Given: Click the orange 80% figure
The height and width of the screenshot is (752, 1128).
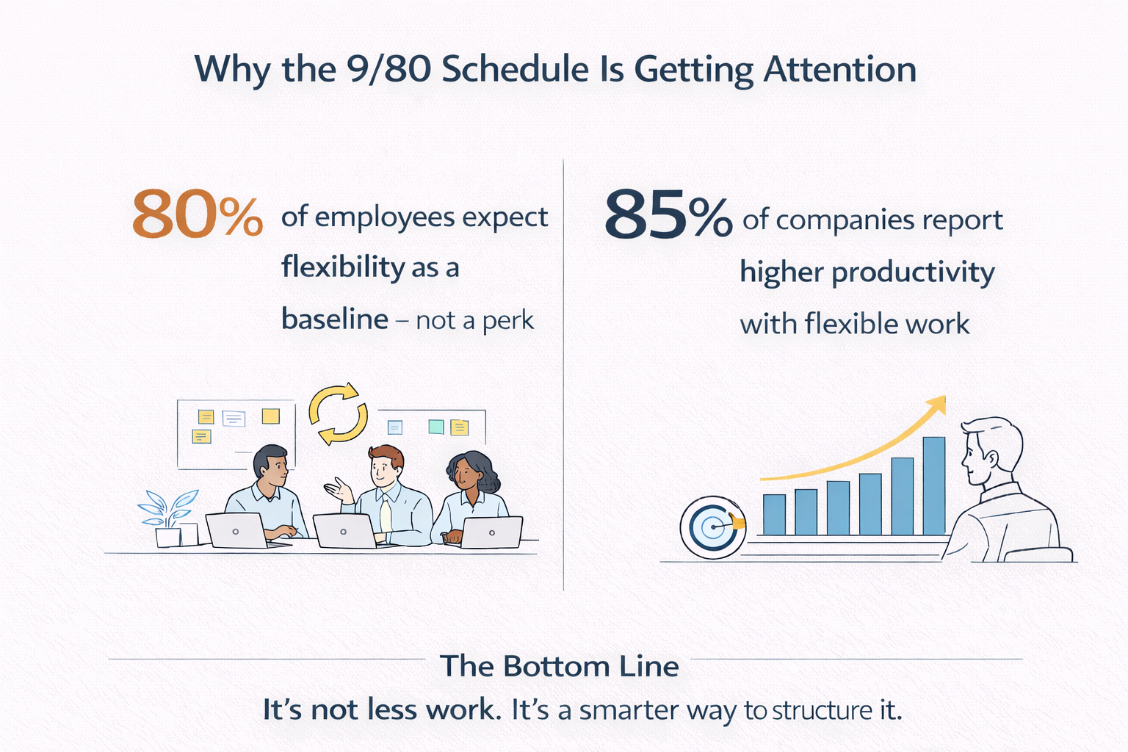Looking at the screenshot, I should pos(197,214).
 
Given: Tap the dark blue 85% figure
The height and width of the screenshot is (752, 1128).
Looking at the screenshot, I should pos(668,214).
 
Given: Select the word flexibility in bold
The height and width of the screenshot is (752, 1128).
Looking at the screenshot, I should pos(343,267).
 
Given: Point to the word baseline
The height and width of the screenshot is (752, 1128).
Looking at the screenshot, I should pos(335,319).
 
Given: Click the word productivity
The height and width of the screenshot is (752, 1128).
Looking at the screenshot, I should pos(913,272).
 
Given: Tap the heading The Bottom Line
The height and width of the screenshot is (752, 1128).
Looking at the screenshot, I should pos(560,666).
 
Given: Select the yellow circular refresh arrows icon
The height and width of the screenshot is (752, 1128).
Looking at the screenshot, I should pos(338,413).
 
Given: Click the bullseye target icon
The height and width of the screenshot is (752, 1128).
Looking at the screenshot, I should pos(712,527).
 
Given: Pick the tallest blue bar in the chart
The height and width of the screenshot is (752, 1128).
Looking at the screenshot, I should pos(933,485).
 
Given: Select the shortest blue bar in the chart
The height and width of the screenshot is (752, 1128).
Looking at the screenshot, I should pos(774,514).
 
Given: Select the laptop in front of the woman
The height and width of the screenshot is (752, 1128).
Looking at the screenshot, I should pos(491,532).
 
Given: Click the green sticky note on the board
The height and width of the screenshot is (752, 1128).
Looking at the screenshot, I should pos(435,426).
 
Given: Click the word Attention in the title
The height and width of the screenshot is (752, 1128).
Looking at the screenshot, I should pos(839,70).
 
